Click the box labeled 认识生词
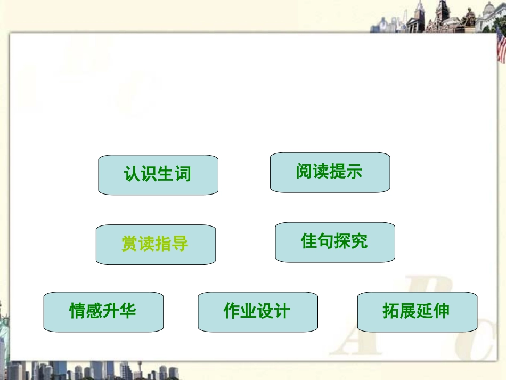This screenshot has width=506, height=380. click(158, 174)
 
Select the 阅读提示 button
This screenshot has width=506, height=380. click(330, 172)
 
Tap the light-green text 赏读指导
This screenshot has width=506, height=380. click(155, 244)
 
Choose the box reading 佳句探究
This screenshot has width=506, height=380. click(334, 242)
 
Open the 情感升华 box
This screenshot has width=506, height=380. click(103, 311)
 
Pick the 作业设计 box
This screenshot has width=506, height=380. click(257, 311)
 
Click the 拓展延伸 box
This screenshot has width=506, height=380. click(417, 311)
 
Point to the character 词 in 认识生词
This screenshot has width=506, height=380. click(182, 174)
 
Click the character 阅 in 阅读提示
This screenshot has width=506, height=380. click(304, 172)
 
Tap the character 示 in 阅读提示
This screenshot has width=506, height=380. click(354, 172)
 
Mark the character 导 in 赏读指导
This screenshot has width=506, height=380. click(180, 244)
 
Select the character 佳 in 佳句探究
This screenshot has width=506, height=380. click(309, 241)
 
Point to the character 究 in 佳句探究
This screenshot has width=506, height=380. click(360, 241)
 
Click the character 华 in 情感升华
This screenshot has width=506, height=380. click(128, 311)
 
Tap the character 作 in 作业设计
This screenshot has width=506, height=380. click(232, 311)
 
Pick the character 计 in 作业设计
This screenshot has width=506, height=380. click(282, 311)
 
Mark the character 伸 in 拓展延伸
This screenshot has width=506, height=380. click(442, 311)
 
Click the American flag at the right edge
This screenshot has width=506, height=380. click(501, 45)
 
